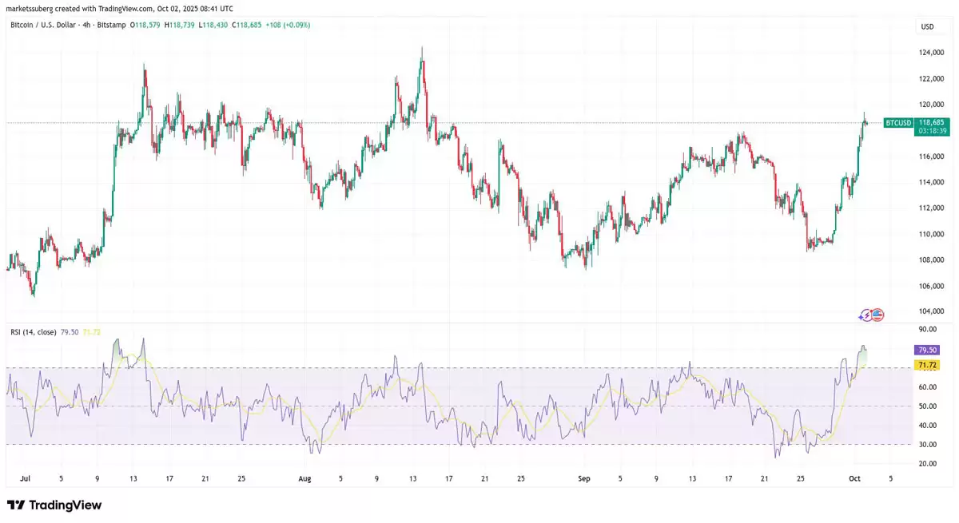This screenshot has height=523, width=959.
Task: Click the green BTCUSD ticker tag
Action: point(897,123)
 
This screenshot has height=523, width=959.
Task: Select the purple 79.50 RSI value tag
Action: point(928,350)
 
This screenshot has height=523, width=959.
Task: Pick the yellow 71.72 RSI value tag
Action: point(928,365)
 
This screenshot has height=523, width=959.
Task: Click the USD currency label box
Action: point(927,26)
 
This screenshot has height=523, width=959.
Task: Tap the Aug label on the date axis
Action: point(304,479)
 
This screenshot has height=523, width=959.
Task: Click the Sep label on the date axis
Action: point(583,479)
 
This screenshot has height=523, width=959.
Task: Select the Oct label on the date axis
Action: point(855,479)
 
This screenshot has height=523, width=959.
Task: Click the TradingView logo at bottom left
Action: point(54,505)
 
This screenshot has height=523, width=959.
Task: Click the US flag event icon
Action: point(877,315)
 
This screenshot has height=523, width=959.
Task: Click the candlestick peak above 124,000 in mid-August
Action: point(421,50)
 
